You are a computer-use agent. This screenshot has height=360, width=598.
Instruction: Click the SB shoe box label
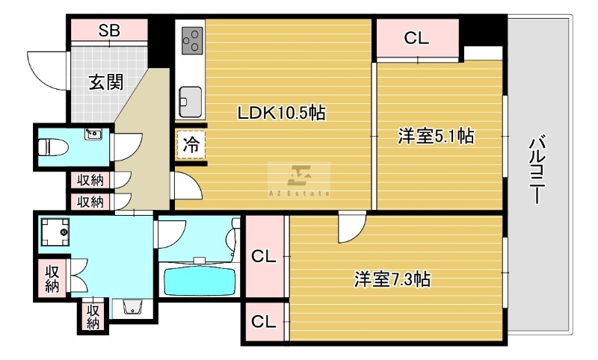(109, 30)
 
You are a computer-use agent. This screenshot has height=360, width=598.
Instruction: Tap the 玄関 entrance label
(106, 82)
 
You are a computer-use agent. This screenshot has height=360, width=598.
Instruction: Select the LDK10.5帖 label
(282, 112)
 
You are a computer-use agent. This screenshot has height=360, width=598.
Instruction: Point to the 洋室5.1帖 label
(436, 136)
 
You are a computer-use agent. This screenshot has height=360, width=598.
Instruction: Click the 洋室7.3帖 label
(392, 279)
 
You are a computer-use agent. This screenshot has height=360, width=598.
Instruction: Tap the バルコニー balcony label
(537, 169)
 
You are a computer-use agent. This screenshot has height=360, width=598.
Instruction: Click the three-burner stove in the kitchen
(192, 40)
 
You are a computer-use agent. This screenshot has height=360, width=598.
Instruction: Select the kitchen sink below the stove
(191, 102)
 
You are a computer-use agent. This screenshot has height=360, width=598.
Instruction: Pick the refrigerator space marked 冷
(191, 144)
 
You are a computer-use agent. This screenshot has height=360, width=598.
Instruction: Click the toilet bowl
(53, 146)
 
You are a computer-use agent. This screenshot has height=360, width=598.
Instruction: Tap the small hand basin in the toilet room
(93, 134)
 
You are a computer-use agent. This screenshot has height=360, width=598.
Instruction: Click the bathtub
(200, 282)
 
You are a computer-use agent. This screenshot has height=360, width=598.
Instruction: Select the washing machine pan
(55, 232)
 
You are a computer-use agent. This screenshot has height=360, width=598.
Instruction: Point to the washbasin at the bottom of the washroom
(132, 307)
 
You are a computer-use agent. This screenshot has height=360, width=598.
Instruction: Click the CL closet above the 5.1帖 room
(418, 38)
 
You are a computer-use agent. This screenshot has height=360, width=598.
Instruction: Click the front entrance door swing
(47, 70)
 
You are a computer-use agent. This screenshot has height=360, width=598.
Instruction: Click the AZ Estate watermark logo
(299, 180)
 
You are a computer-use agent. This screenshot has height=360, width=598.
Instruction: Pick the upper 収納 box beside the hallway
(90, 180)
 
